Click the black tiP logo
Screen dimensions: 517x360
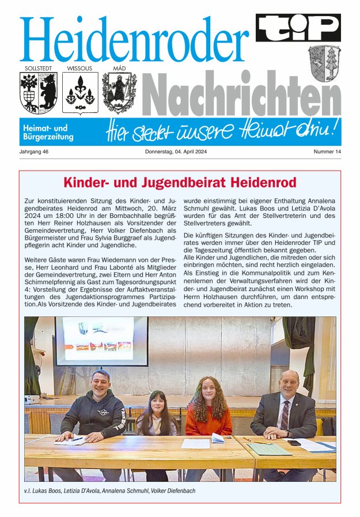[298, 28]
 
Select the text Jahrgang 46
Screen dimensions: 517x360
[35, 152]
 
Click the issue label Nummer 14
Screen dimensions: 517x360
[327, 152]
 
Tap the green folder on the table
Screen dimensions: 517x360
[270, 448]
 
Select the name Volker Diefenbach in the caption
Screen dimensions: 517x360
[173, 490]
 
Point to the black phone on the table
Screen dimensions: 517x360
[294, 442]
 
